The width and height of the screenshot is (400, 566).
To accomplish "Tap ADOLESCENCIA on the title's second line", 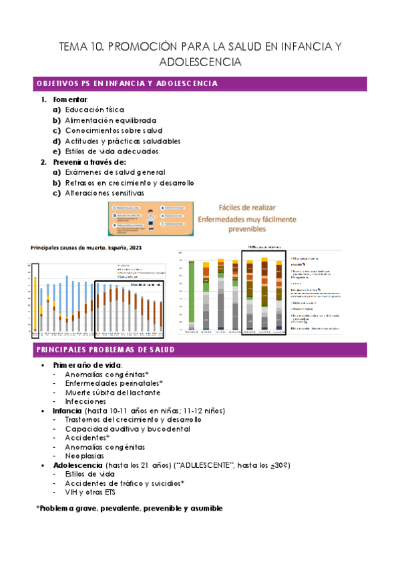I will pyautogui.click(x=200, y=63).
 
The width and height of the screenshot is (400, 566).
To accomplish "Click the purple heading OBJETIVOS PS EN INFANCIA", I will pyautogui.click(x=126, y=84).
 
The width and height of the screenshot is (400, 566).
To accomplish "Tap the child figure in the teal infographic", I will pyautogui.click(x=150, y=218).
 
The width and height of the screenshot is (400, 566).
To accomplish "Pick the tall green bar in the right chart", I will pyautogui.click(x=192, y=294).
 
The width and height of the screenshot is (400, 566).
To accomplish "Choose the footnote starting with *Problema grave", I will pyautogui.click(x=129, y=509).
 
